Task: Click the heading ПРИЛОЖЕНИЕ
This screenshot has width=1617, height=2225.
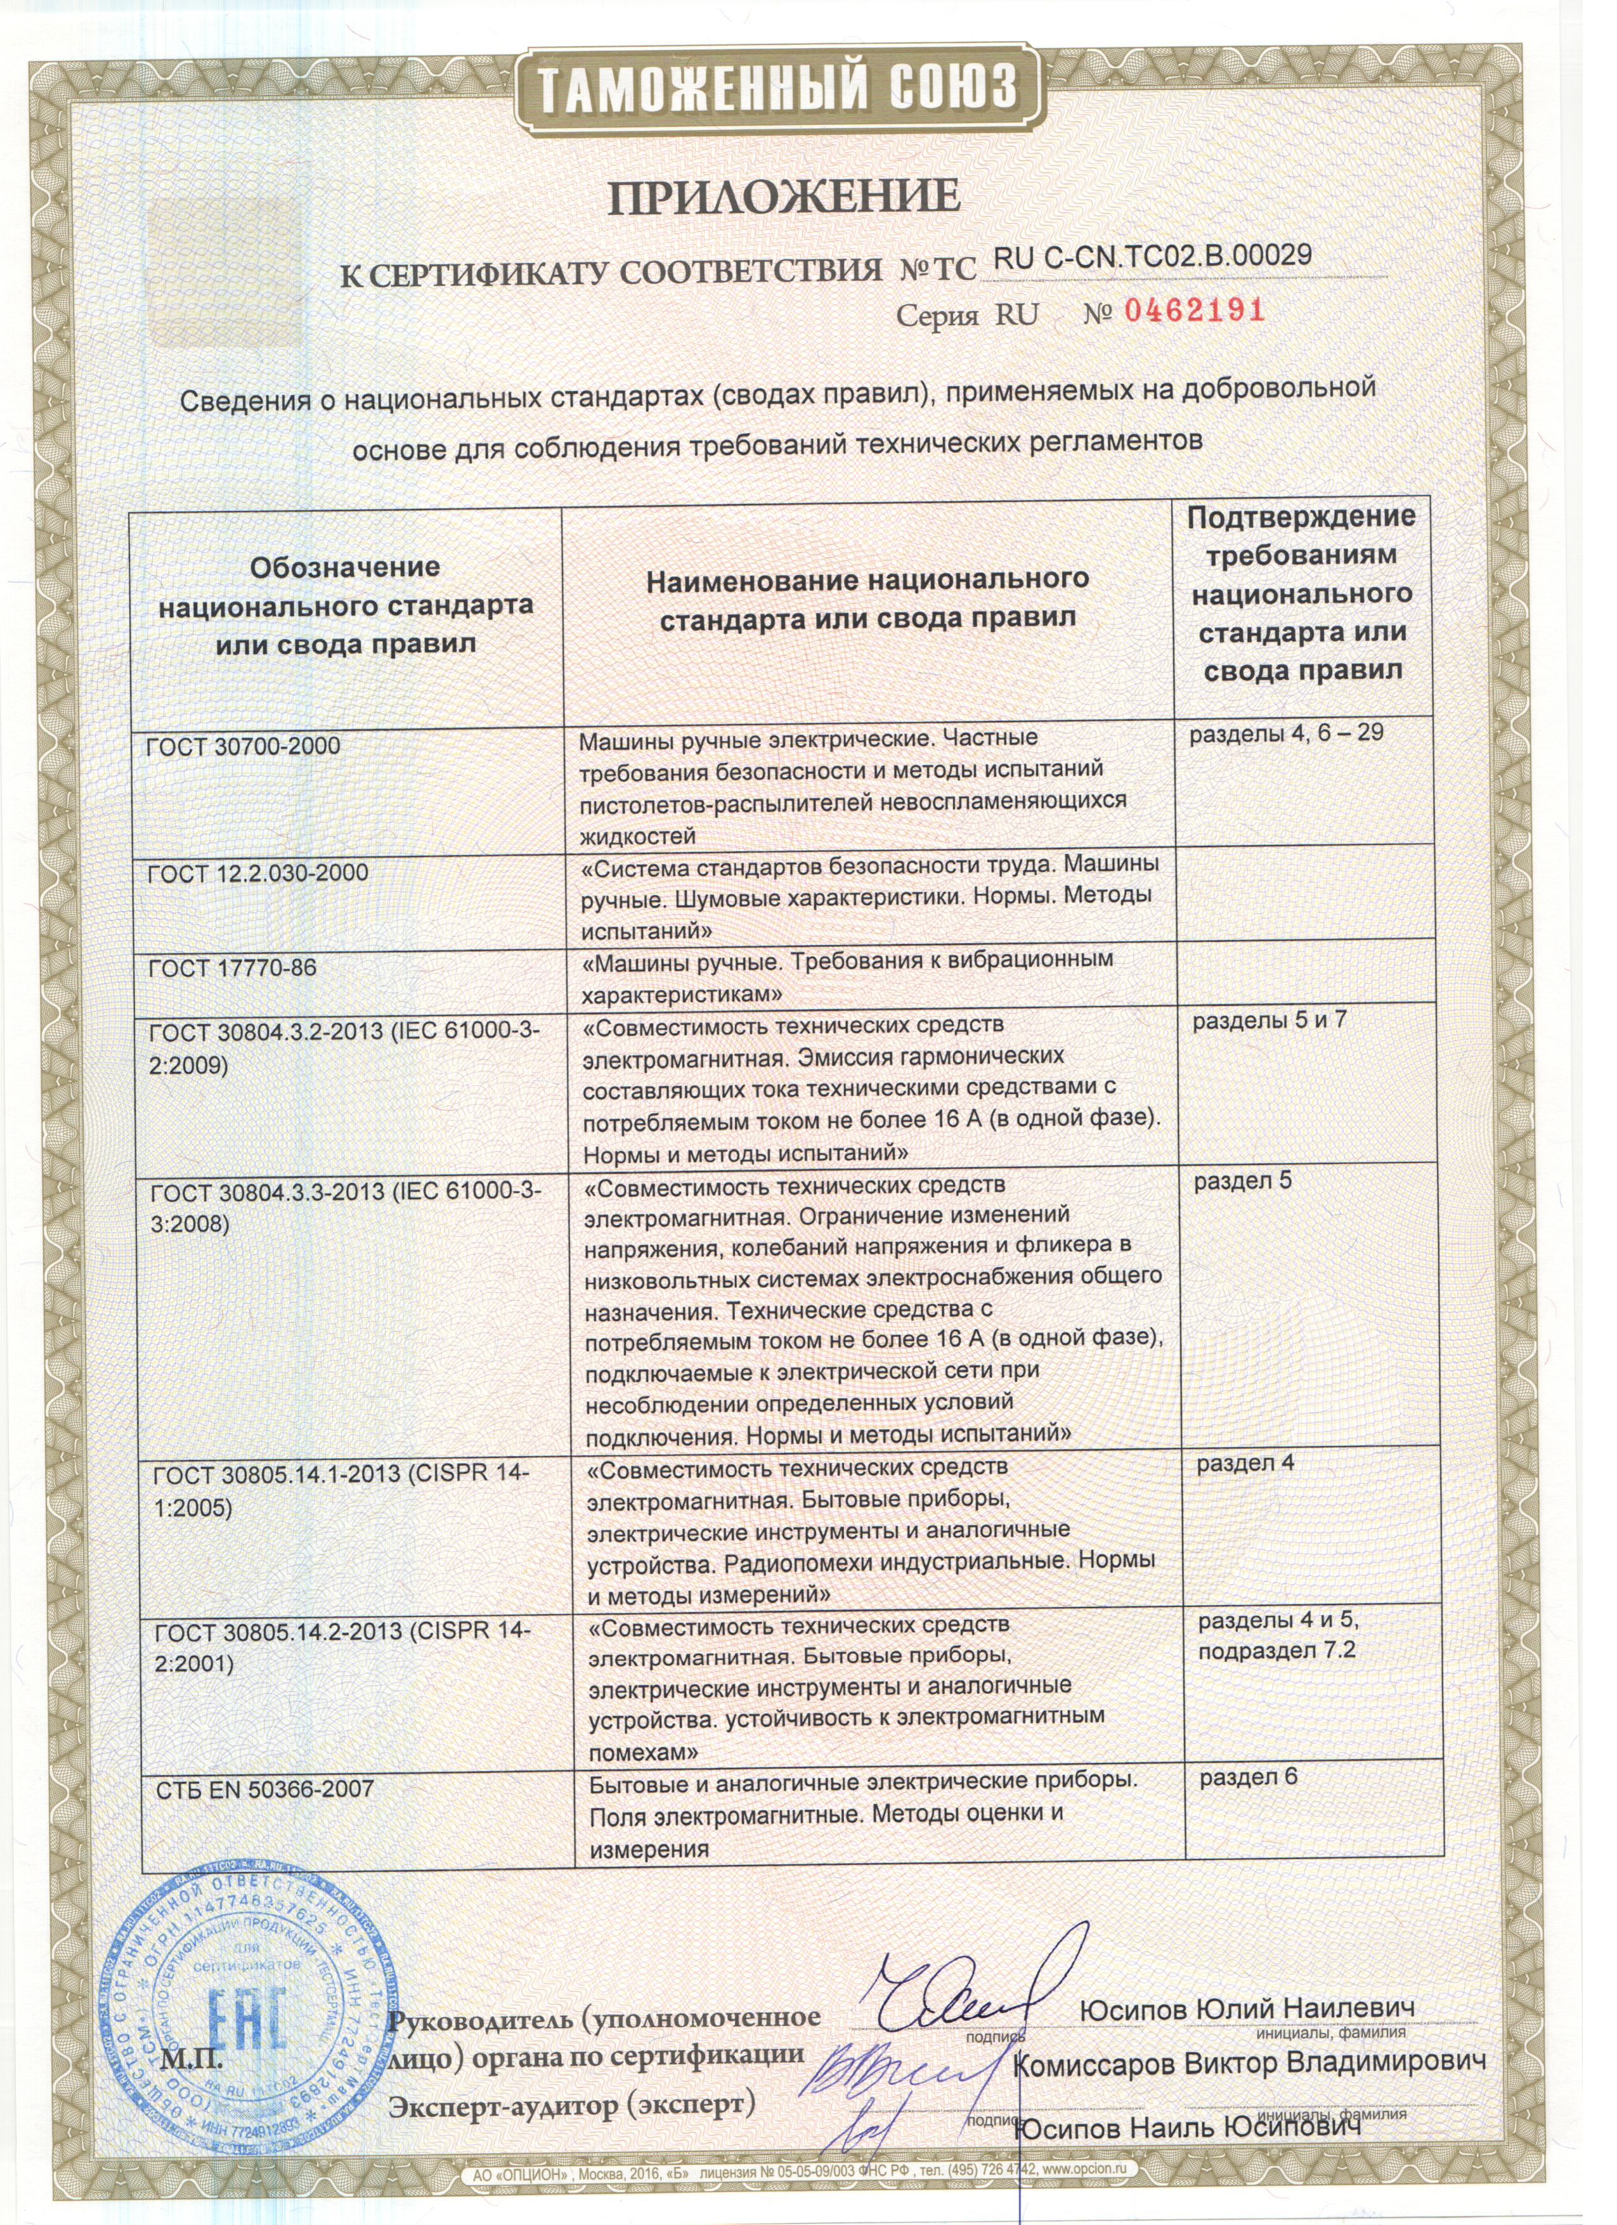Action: (x=783, y=197)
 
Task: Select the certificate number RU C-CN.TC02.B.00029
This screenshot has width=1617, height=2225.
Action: (x=1154, y=256)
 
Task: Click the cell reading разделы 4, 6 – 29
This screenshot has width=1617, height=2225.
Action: (x=1287, y=732)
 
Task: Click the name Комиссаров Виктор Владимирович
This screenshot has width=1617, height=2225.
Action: (x=1248, y=2063)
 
